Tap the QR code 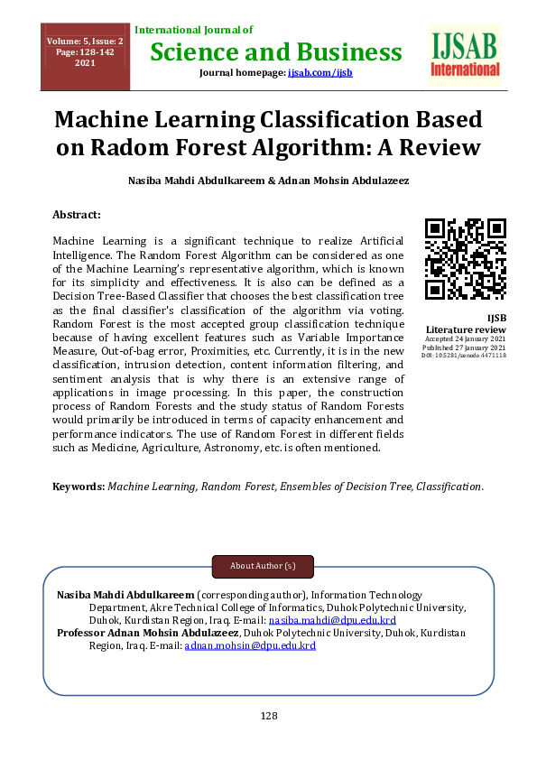point(465,259)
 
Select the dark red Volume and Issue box point(86,56)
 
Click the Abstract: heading point(77,215)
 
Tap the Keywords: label point(79,486)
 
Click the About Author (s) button point(263,566)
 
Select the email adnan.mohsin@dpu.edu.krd point(250,646)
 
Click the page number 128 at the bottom point(268,716)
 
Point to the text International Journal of point(193,31)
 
